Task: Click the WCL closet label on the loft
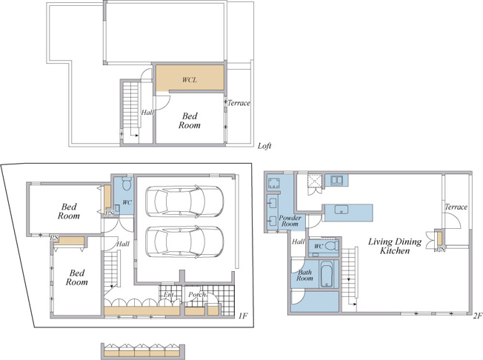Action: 189,80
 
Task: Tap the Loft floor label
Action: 264,146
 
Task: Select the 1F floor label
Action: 243,316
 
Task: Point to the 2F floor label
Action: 477,316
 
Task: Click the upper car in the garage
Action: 184,201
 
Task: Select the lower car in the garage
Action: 184,241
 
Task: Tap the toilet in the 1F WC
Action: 127,184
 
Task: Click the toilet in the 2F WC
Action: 333,246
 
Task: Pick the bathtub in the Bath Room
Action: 326,274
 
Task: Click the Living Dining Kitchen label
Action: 395,246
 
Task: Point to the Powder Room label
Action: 290,221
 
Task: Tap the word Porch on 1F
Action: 198,295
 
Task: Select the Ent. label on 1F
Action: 168,295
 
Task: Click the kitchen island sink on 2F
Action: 342,210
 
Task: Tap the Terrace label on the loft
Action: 239,103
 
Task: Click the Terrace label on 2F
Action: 456,207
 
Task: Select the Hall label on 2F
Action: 299,241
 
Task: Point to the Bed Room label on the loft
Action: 190,121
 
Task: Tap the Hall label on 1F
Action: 123,244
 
